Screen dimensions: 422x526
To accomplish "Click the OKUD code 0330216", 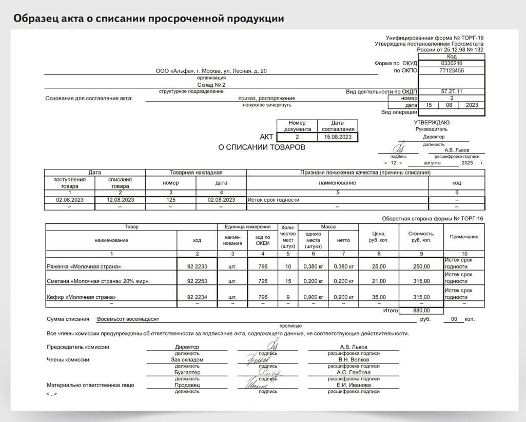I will coord(452,63).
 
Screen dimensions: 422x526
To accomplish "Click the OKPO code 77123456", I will coord(452,70).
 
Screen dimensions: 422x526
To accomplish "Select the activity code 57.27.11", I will coord(452,91).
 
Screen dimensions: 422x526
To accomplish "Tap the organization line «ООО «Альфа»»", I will coord(211,71).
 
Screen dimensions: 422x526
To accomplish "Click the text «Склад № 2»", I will coord(211,85).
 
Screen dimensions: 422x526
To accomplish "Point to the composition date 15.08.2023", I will coord(338,137).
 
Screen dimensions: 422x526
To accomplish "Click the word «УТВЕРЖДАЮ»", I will coord(432,122).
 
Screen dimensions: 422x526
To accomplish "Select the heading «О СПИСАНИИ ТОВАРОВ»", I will coord(262,147).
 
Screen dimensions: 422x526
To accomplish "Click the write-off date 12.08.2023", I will coord(120,200).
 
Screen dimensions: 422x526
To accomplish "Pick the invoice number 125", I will coord(171,200).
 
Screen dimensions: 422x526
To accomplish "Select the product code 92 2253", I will coord(197,281).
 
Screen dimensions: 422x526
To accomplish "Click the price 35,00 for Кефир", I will coord(379,297).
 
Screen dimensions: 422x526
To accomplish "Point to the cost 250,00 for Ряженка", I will coord(421,266).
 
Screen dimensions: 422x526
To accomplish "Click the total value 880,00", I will coord(421,311).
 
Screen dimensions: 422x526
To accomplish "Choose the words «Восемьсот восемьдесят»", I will coord(128,319).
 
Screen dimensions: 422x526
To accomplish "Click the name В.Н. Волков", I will coord(353,359).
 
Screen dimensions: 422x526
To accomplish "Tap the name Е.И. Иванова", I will coord(353,385).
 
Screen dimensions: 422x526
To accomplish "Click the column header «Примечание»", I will coord(464,237).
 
